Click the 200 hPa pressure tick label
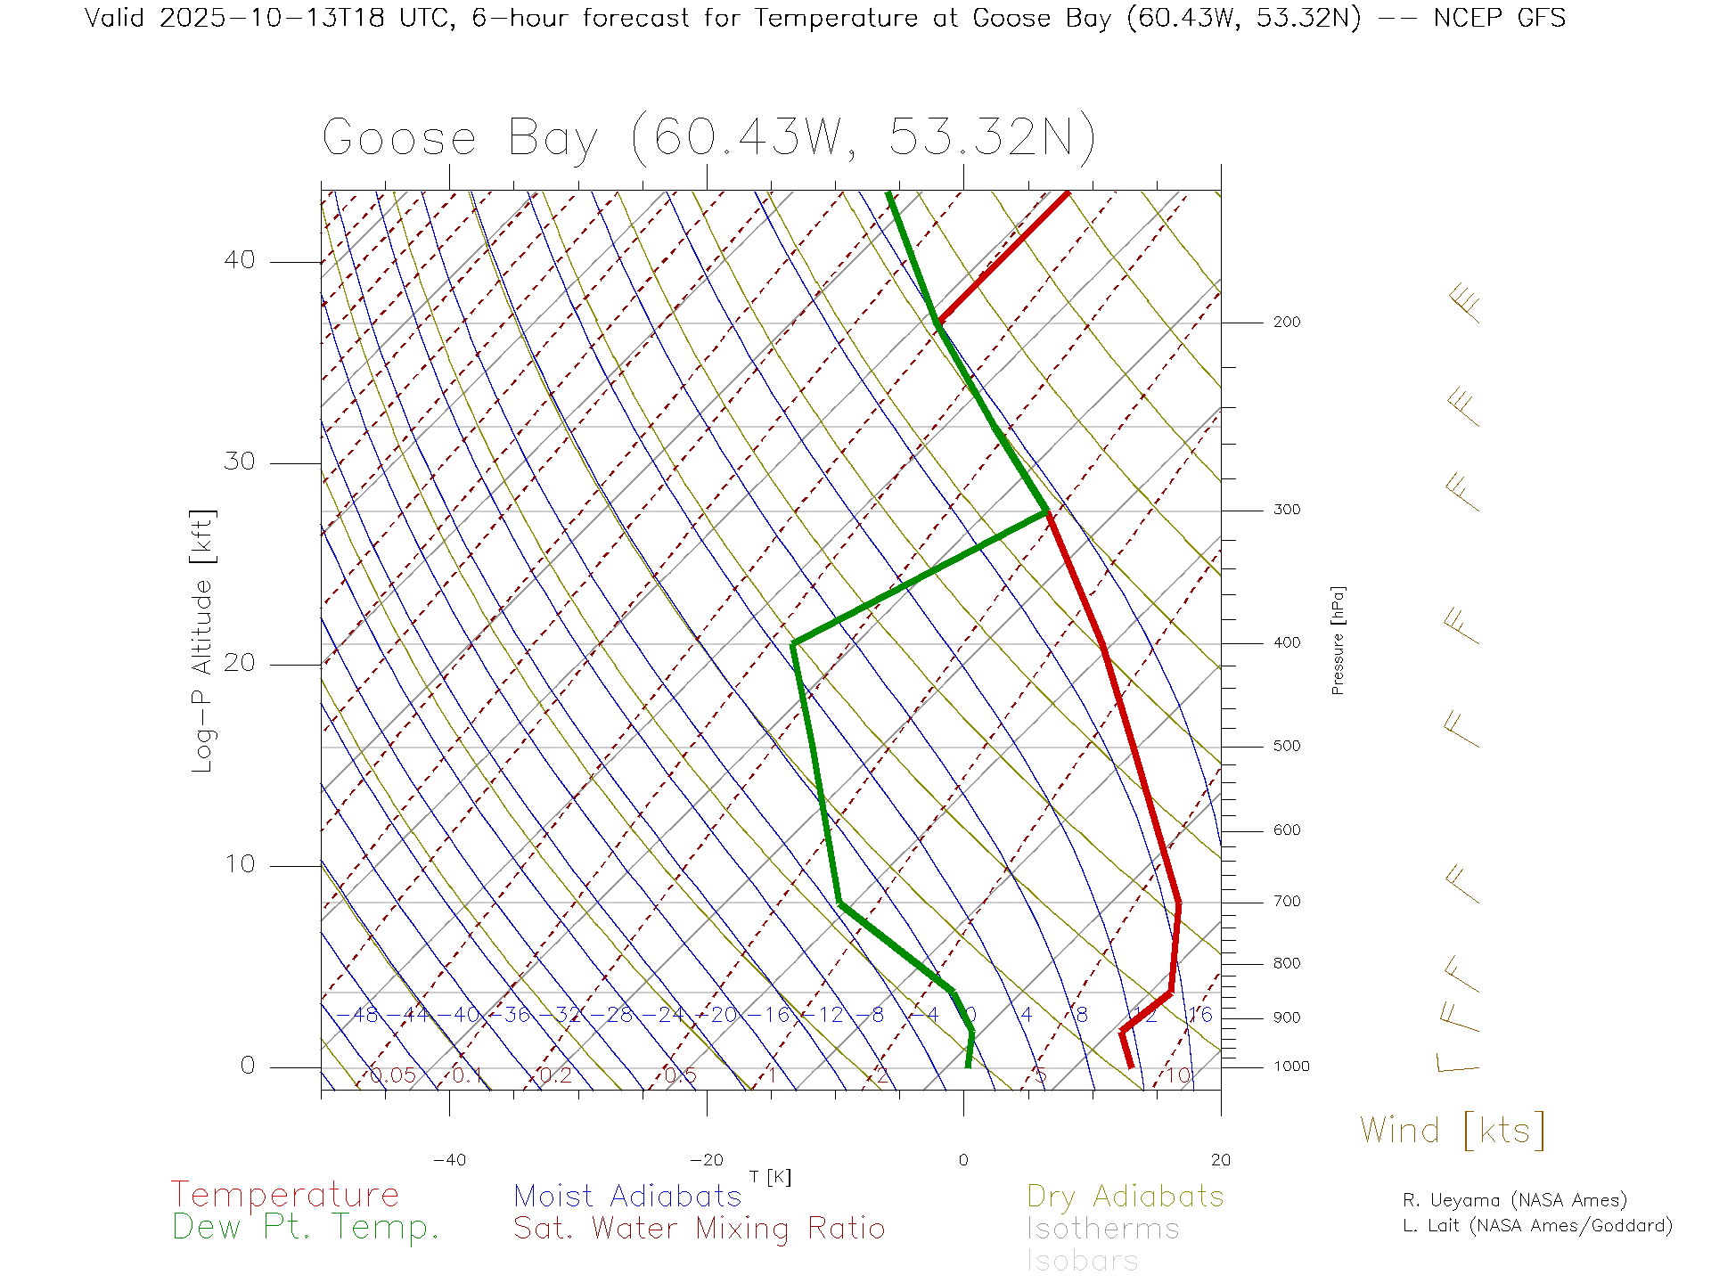click(1286, 323)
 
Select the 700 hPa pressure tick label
click(1286, 902)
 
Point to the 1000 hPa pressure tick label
click(1290, 1066)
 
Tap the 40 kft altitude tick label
click(239, 260)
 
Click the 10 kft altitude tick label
click(239, 864)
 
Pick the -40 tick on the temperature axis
click(449, 1160)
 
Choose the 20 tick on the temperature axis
click(1220, 1160)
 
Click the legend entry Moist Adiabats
click(627, 1197)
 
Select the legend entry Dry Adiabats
click(1125, 1197)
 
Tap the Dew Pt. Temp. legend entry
click(306, 1228)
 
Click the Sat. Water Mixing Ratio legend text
click(699, 1229)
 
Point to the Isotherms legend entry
click(1102, 1230)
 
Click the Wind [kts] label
click(1453, 1131)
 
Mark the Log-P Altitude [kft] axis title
click(203, 641)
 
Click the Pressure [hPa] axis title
click(1338, 640)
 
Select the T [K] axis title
click(770, 1177)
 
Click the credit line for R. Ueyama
click(1514, 1200)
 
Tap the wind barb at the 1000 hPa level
click(1458, 1065)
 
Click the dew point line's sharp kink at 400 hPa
click(793, 643)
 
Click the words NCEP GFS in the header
click(1499, 18)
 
